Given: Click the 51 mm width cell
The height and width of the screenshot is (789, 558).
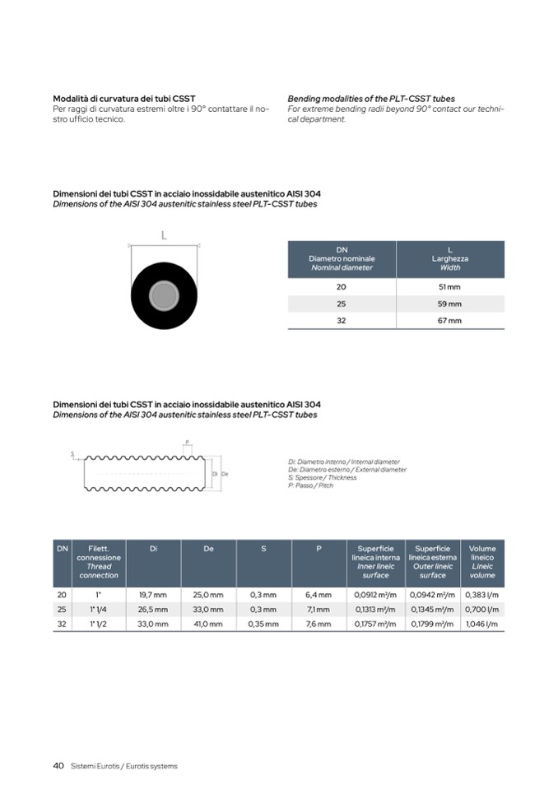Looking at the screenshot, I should (449, 286).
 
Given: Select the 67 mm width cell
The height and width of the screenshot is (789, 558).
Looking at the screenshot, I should (449, 321).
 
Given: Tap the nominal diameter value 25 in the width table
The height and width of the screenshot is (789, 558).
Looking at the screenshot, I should (342, 304).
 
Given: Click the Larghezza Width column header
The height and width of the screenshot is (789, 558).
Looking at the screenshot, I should (450, 258).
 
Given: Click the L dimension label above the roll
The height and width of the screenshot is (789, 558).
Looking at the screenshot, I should (164, 236).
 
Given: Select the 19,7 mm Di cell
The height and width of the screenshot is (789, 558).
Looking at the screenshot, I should (152, 594).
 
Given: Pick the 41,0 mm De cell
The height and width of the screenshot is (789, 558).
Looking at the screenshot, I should (208, 624).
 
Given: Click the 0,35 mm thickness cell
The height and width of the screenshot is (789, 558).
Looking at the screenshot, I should (263, 624).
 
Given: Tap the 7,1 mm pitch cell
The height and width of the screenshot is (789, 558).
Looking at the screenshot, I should (319, 610).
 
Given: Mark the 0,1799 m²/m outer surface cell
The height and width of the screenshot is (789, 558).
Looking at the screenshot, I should (432, 624).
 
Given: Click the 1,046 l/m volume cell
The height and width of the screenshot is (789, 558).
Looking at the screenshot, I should (482, 624).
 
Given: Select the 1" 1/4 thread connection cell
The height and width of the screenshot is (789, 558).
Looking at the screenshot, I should (99, 610).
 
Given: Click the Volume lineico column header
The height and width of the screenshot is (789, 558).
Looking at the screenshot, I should (482, 561).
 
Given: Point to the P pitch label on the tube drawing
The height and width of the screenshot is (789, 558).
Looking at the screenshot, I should (188, 442).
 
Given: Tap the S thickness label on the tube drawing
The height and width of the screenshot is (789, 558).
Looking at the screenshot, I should (72, 453).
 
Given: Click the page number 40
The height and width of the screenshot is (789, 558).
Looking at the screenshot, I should (58, 765).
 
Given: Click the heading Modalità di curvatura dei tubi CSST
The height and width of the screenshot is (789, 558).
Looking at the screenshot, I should (123, 99).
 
